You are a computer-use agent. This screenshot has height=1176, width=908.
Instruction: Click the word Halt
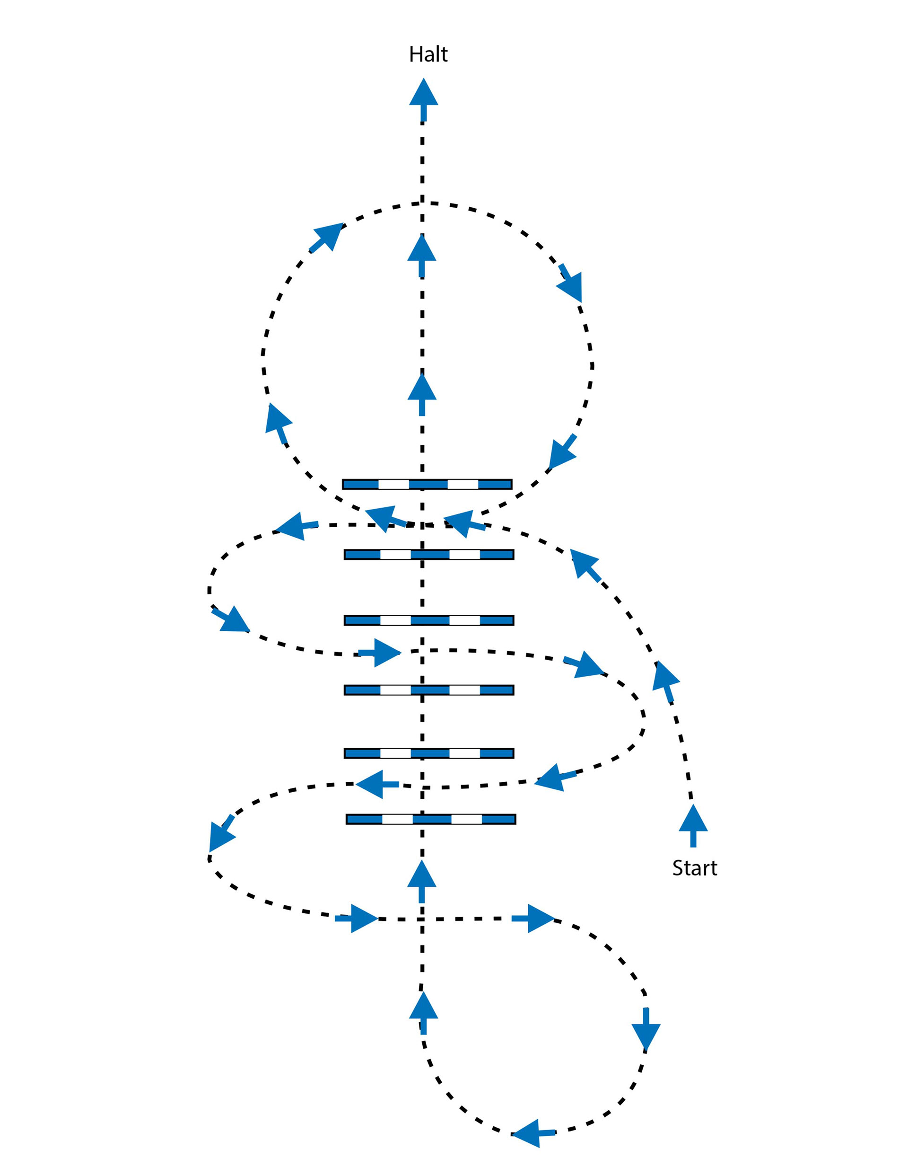(428, 54)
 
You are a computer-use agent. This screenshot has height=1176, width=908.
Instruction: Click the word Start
(694, 868)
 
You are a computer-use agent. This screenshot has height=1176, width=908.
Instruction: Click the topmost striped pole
(428, 484)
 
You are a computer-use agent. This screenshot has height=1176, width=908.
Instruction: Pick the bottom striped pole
(430, 819)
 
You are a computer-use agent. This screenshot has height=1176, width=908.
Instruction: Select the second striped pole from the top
(429, 554)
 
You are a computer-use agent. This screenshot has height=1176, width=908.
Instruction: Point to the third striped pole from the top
(429, 620)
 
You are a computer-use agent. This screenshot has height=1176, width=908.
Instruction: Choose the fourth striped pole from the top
(429, 690)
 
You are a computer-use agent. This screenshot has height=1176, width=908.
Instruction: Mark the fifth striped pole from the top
(429, 753)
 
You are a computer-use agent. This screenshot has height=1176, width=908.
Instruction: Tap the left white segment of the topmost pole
(393, 484)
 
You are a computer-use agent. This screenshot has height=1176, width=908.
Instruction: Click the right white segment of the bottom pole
(466, 819)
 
